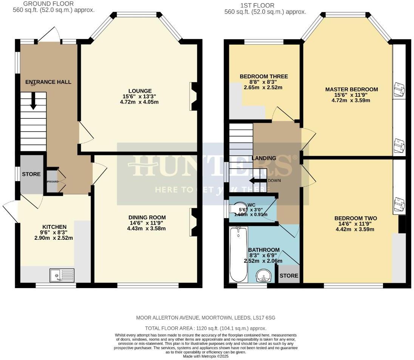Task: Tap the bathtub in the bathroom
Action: (238, 254)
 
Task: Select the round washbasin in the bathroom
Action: (263, 276)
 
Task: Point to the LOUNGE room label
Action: (140, 91)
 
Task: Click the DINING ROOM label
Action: (147, 217)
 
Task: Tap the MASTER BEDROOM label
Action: (351, 89)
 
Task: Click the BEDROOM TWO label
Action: (355, 218)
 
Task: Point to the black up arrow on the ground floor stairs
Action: (33, 101)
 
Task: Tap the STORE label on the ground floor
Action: (31, 174)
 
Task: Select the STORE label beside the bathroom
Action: (289, 276)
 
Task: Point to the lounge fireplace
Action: (193, 96)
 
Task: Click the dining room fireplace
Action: (193, 222)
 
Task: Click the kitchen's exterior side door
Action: (11, 212)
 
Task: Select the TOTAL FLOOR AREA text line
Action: (206, 328)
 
